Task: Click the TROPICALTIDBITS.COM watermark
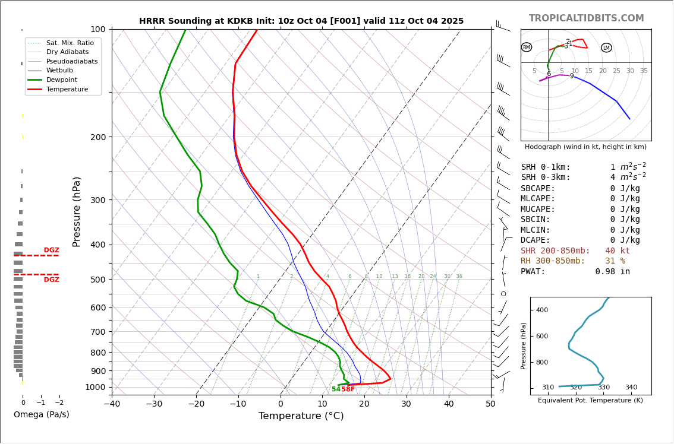point(586,18)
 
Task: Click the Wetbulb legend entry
point(59,70)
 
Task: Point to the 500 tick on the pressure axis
point(98,280)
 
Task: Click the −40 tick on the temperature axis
point(112,404)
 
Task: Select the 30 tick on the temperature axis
point(407,404)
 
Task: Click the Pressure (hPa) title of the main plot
point(77,211)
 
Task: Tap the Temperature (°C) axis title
point(301,416)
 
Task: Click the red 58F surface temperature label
point(348,389)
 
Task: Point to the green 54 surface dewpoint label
point(336,389)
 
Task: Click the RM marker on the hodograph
point(527,47)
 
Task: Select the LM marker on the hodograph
point(606,48)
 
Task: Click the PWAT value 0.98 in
point(612,272)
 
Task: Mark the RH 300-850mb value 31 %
point(615,261)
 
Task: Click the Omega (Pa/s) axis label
point(41,415)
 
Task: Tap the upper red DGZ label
point(51,250)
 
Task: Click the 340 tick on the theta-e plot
point(631,388)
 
